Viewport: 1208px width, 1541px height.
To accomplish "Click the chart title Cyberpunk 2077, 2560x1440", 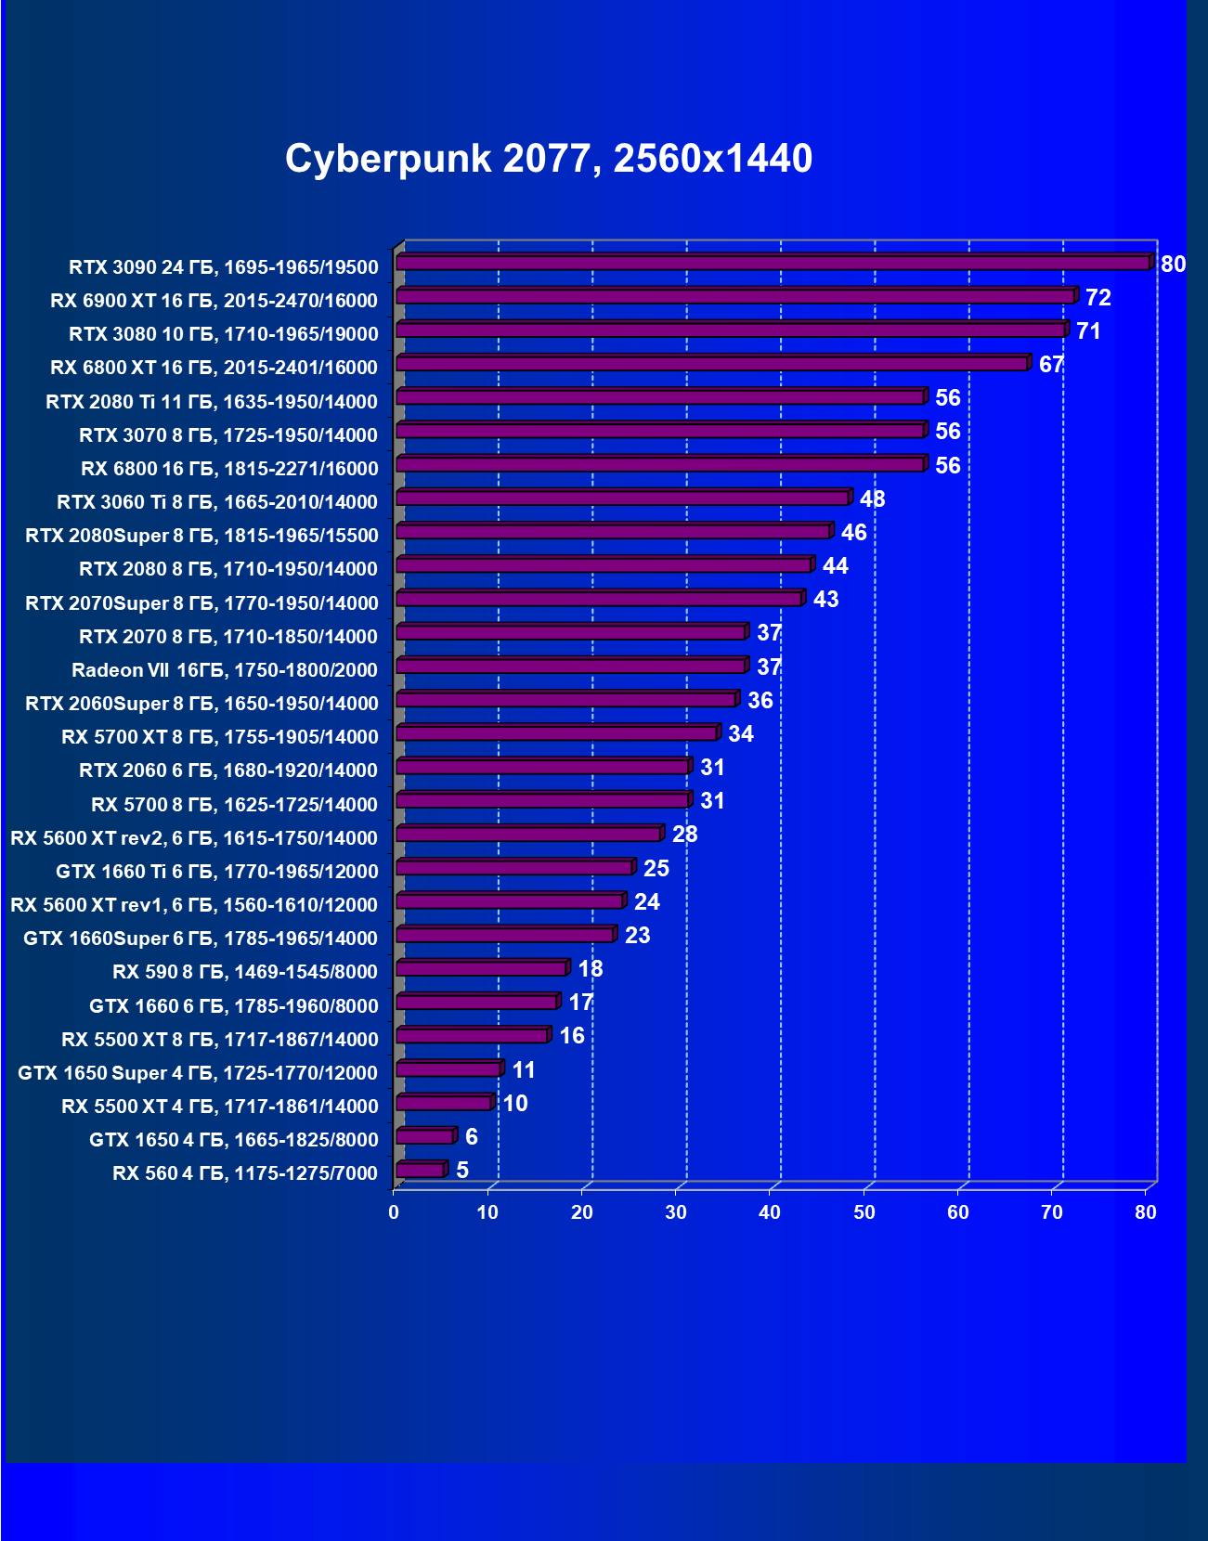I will tap(549, 159).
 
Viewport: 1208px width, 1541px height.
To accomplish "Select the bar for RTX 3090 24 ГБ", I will tap(773, 264).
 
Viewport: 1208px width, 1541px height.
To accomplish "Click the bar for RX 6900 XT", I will tap(734, 297).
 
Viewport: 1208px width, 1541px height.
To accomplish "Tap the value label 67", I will tap(1051, 365).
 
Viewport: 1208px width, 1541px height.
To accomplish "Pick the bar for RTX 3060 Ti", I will tap(622, 499).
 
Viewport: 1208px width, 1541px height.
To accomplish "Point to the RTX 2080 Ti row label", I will tap(212, 402).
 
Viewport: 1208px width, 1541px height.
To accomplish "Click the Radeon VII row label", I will tap(225, 670).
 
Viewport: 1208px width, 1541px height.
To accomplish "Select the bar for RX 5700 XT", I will tap(557, 733).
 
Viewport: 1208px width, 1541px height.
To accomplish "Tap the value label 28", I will tap(685, 835).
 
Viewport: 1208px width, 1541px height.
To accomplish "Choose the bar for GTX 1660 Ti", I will tap(514, 868).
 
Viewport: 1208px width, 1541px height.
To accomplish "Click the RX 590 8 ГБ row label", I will tap(245, 972).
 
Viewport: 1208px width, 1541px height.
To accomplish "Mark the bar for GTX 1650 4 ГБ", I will tap(424, 1136).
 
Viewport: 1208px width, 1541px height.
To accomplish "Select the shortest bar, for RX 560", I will tap(420, 1170).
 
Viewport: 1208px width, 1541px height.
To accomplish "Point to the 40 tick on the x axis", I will tap(770, 1212).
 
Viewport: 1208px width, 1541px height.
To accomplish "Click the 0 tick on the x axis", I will tap(394, 1212).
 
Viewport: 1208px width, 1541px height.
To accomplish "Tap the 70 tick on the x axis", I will tap(1052, 1212).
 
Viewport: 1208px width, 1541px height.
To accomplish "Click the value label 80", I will tap(1174, 265).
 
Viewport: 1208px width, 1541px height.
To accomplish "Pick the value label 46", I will tap(854, 533).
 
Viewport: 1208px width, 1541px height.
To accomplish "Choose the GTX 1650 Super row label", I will tap(198, 1073).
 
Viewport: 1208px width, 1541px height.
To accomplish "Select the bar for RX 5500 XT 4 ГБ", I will tap(444, 1103).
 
